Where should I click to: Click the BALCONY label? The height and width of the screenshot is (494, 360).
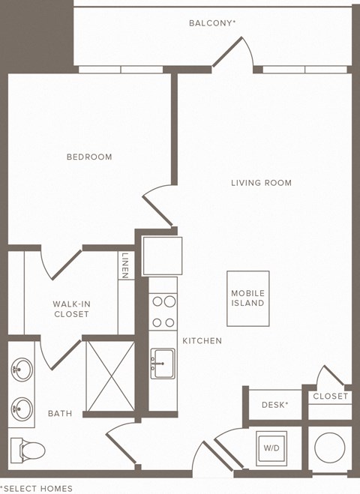pos(212,23)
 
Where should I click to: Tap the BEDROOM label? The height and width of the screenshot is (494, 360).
pos(89,157)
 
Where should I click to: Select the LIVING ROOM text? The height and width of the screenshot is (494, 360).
pos(261,183)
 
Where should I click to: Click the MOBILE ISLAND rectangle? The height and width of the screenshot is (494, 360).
pos(247,298)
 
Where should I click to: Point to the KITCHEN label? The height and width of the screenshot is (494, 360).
pos(202,341)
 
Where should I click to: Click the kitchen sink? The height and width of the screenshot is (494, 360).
pos(162,364)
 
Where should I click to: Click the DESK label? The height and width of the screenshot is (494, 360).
pos(275,405)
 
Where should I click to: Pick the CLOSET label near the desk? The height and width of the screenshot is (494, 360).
pos(330,397)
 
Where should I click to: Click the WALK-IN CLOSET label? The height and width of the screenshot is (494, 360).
pos(71,309)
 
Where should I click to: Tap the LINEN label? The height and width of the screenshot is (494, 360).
pos(125,265)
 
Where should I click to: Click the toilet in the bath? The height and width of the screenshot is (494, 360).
pos(28,450)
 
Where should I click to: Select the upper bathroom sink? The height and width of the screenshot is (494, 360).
pos(22,370)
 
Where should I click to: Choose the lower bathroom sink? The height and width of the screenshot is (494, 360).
pos(22,409)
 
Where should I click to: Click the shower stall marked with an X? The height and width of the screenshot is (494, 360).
pos(110,376)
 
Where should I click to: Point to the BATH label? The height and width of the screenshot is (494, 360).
pos(60,414)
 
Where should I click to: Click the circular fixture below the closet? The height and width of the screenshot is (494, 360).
pos(328,448)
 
